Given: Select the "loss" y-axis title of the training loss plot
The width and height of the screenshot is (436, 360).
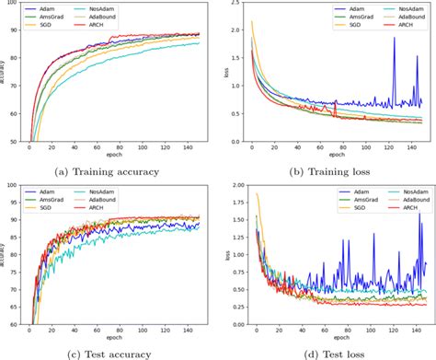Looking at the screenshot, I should pos(224,74).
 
